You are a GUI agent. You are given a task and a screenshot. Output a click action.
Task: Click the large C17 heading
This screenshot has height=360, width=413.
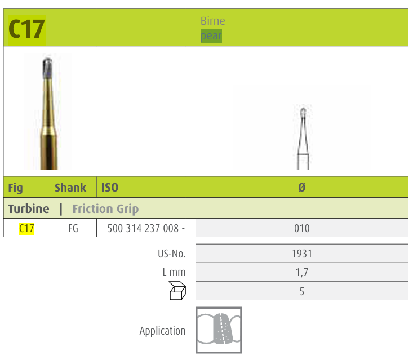(26, 29)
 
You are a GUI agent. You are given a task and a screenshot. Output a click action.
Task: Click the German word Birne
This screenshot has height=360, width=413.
(212, 21)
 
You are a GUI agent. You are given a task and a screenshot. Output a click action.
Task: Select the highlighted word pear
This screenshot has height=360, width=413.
(211, 36)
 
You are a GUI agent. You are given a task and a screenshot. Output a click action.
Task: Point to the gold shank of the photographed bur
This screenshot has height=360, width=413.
(48, 130)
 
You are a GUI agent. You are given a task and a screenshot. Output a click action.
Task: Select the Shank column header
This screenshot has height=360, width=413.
(70, 188)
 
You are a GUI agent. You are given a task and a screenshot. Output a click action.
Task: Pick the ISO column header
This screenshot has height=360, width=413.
(110, 188)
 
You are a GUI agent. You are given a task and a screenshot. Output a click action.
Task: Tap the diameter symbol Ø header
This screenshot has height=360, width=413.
(302, 188)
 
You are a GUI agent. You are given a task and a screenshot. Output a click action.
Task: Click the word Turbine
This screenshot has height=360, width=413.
(29, 209)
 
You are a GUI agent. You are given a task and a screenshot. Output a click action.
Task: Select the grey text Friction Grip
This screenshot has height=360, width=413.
(105, 209)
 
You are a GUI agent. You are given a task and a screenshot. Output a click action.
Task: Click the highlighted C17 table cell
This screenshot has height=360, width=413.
(26, 228)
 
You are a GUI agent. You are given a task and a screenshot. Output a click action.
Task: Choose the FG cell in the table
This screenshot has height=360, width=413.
(73, 229)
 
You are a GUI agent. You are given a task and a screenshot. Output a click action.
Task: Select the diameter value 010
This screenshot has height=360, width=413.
(302, 229)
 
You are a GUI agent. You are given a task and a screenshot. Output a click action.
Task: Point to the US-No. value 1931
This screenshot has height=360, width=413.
(302, 254)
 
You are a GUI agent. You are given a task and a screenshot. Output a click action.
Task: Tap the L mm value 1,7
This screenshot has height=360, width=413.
(302, 273)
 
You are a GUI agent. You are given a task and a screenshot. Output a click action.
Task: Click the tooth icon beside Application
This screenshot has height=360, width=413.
(219, 330)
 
